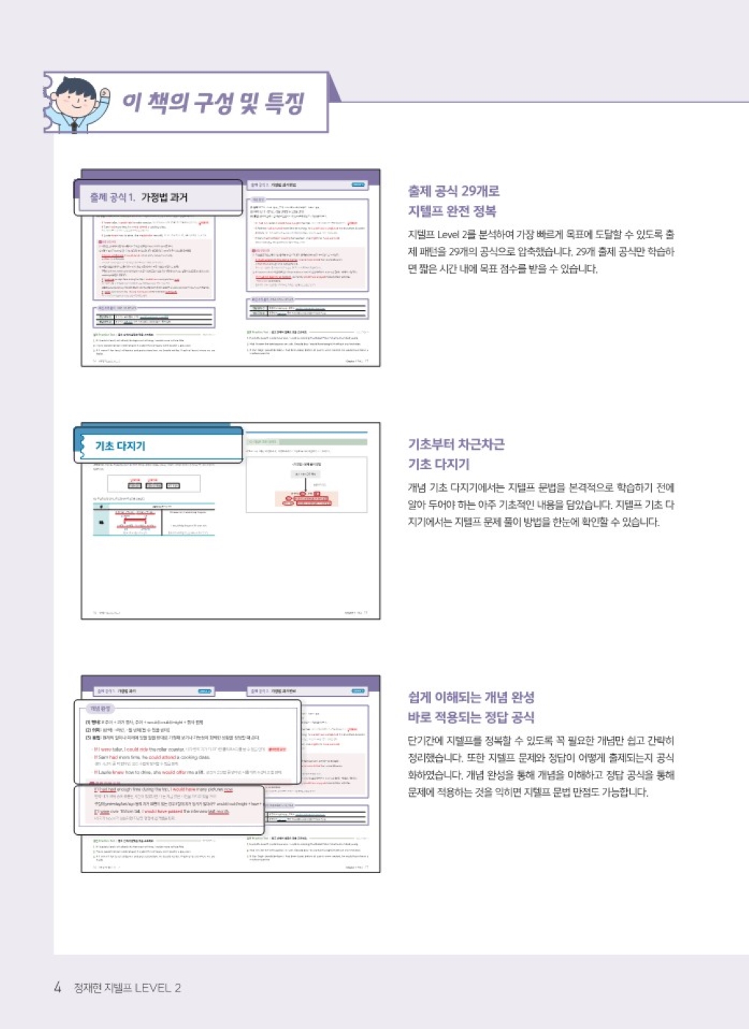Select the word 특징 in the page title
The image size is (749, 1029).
pos(284,103)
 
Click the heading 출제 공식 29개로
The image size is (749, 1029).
pos(454,191)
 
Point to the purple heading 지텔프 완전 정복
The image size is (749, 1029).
pos(452,211)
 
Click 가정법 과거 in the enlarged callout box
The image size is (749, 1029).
pos(165,197)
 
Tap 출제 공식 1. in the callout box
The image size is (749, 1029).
pos(112,197)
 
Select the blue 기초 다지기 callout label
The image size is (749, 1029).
pos(120,445)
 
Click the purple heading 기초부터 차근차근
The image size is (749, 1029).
pos(456,444)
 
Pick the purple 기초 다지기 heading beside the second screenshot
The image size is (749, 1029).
pos(439,464)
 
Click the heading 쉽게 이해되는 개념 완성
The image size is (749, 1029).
pos(471,697)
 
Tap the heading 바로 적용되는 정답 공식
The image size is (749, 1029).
pos(471,717)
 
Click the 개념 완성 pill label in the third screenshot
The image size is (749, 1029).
pos(99,709)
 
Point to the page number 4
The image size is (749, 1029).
pos(57,987)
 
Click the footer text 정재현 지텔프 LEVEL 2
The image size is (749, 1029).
pos(127,988)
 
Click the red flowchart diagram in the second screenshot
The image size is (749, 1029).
pos(306,499)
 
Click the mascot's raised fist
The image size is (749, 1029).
pos(105,94)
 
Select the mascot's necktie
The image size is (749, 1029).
pos(75,126)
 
